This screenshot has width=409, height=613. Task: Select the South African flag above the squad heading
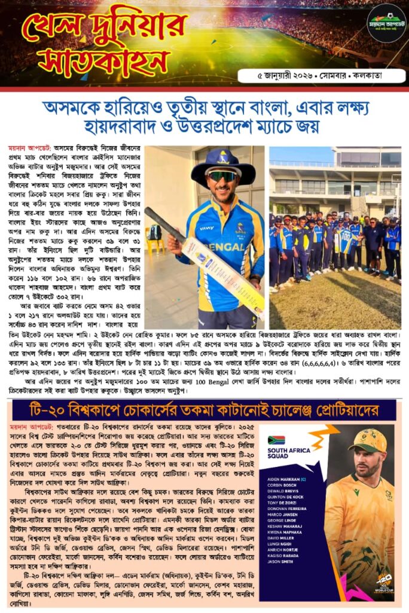276,440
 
